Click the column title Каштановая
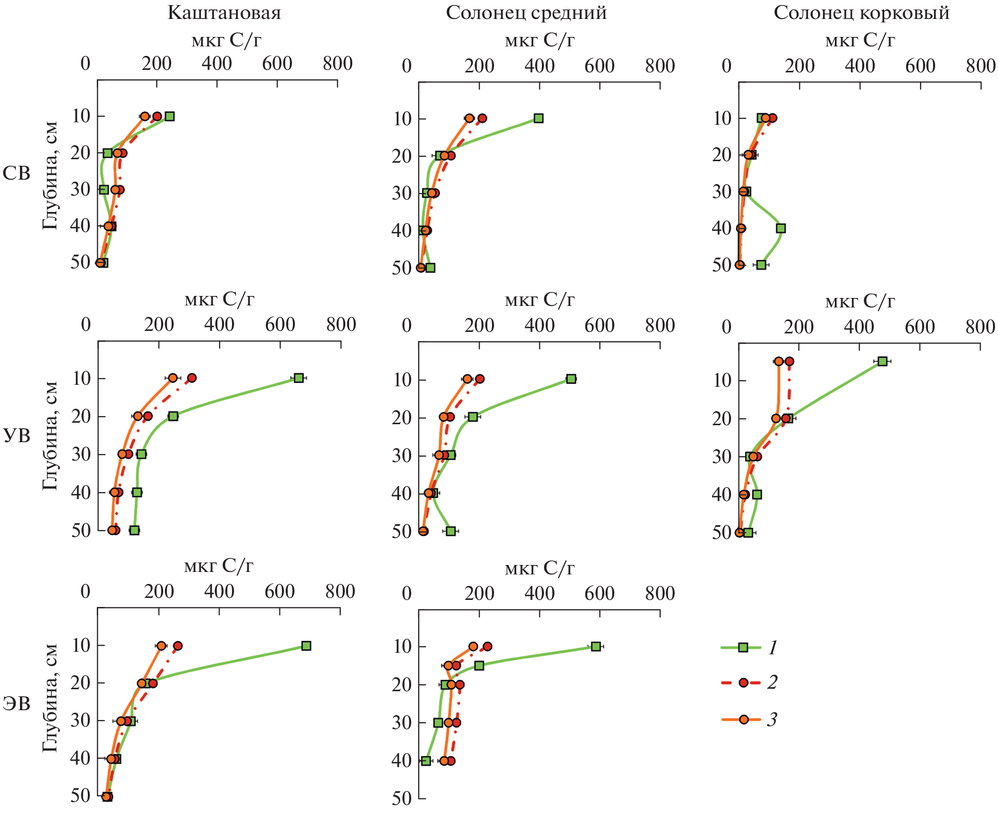coord(224,13)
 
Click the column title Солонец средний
coord(526,13)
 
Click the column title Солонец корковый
coord(861,13)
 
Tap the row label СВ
coord(16,174)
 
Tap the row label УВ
coord(16,436)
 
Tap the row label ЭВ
coord(16,704)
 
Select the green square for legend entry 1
coord(743,648)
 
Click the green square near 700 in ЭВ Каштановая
coord(306,646)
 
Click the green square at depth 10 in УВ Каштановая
coord(298,378)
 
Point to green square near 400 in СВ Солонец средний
coord(538,118)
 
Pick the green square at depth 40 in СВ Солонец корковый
coord(781,228)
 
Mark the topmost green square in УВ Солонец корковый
coord(882,361)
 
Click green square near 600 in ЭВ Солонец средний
coord(596,646)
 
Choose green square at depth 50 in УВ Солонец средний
coord(451,531)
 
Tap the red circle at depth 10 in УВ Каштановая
coord(192,378)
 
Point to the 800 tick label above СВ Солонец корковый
coord(981,66)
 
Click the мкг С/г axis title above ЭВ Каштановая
coord(219,566)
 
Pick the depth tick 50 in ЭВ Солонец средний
coord(402,799)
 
